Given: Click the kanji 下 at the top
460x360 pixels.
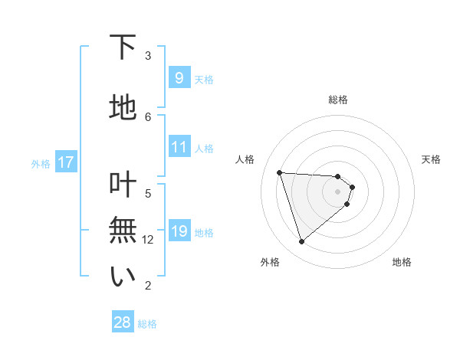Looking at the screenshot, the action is (123, 48).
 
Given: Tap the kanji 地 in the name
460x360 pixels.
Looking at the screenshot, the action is (123, 106).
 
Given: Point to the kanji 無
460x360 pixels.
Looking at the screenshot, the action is (123, 230).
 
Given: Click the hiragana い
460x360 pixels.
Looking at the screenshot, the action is (123, 277).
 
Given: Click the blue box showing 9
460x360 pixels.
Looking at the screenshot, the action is (179, 77).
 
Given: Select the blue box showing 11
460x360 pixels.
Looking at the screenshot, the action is (179, 148).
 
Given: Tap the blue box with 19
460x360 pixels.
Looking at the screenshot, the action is (179, 232).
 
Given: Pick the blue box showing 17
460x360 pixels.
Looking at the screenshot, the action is (65, 162).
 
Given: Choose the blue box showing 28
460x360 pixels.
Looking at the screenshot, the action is (122, 322).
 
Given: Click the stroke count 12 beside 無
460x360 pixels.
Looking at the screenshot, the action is (149, 240).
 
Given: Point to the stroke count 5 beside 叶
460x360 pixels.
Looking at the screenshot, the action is (148, 193).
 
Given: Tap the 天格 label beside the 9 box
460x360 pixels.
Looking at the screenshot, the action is (204, 79).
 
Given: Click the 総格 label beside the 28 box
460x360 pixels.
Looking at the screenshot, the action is (147, 324).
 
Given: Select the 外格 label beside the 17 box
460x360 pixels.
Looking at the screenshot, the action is (41, 163).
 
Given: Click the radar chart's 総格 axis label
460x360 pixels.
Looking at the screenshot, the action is (338, 100).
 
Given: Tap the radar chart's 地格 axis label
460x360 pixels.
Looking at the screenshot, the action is (402, 262).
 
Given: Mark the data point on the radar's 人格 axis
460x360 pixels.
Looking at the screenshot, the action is (280, 172).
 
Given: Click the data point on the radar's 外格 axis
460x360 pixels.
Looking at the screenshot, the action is (301, 242).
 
